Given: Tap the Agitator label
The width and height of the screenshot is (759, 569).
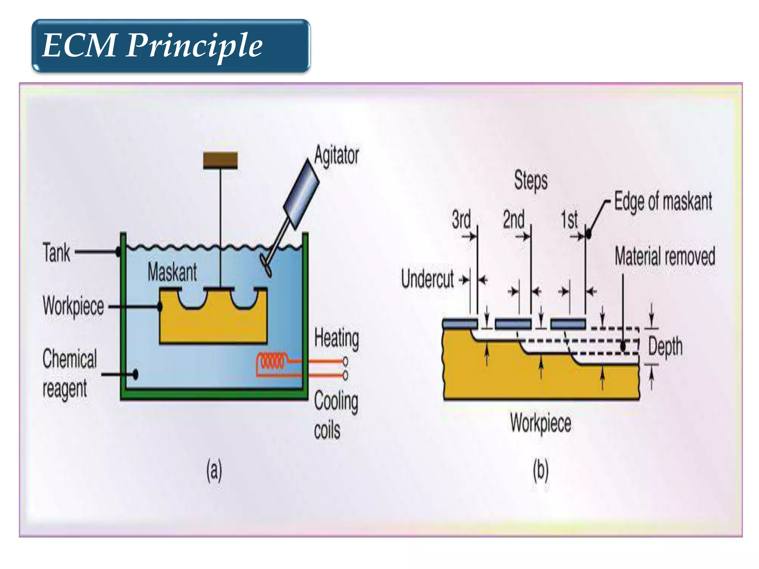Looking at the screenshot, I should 337,155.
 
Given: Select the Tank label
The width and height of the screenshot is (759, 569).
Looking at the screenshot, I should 56,252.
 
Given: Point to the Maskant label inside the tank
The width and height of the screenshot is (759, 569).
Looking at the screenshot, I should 172,272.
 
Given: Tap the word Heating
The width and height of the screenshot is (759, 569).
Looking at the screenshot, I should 337,338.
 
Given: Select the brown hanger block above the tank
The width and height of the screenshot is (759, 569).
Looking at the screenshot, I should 220,160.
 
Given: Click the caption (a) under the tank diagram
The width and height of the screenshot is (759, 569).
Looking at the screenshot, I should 214,470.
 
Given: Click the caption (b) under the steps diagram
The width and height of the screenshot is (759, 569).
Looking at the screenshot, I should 540,470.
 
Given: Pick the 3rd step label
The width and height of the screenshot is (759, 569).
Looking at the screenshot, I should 461,219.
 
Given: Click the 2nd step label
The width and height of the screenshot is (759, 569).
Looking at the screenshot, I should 514,219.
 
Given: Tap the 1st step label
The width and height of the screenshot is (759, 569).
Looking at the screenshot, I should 569,220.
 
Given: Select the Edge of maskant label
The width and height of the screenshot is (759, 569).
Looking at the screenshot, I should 663,202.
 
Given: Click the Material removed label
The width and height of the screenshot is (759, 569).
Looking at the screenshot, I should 665,256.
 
